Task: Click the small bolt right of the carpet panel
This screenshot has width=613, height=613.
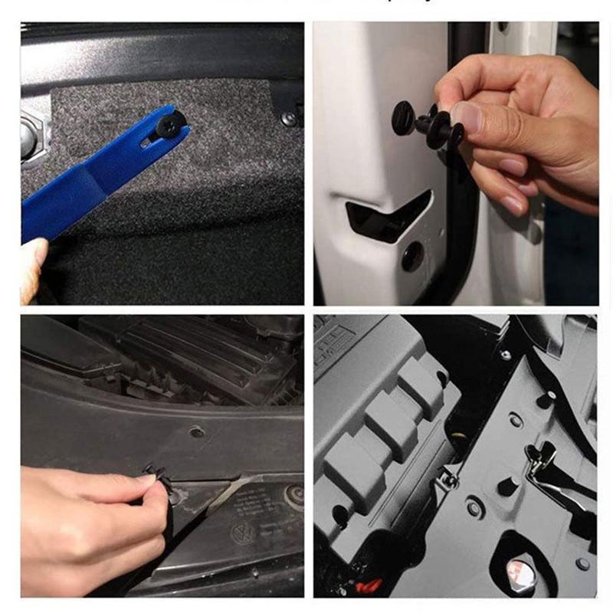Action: click(288, 119)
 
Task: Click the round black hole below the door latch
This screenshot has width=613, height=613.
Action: click(412, 256)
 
